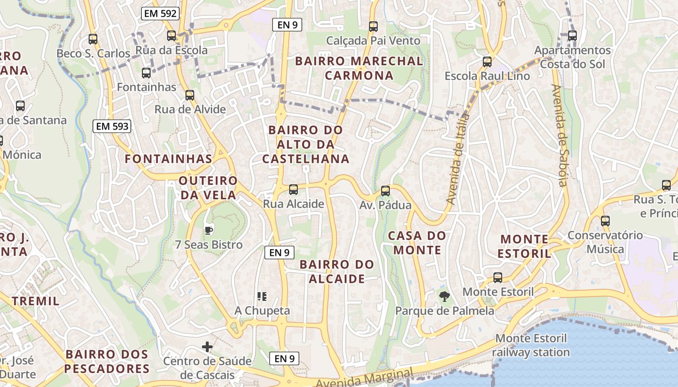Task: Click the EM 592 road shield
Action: pyautogui.click(x=160, y=14)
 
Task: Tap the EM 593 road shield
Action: pyautogui.click(x=112, y=127)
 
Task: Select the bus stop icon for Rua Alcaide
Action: pyautogui.click(x=293, y=190)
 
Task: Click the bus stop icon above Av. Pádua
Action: pyautogui.click(x=385, y=191)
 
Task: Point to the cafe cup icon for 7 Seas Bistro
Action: pyautogui.click(x=209, y=230)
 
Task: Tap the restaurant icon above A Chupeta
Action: pyautogui.click(x=262, y=296)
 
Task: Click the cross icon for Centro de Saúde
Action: pyautogui.click(x=207, y=347)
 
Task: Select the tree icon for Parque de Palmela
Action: pyautogui.click(x=444, y=297)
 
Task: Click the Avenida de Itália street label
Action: pyautogui.click(x=458, y=159)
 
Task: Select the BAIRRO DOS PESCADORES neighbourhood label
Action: pyautogui.click(x=107, y=361)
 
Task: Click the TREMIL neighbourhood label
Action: pyautogui.click(x=36, y=301)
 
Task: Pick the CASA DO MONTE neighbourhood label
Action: pyautogui.click(x=417, y=243)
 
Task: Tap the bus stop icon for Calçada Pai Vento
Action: pyautogui.click(x=373, y=27)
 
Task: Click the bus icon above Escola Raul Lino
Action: pyautogui.click(x=487, y=62)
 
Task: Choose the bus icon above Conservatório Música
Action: pyautogui.click(x=605, y=221)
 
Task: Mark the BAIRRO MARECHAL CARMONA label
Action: pyautogui.click(x=359, y=68)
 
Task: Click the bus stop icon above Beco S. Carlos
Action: pyautogui.click(x=93, y=39)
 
